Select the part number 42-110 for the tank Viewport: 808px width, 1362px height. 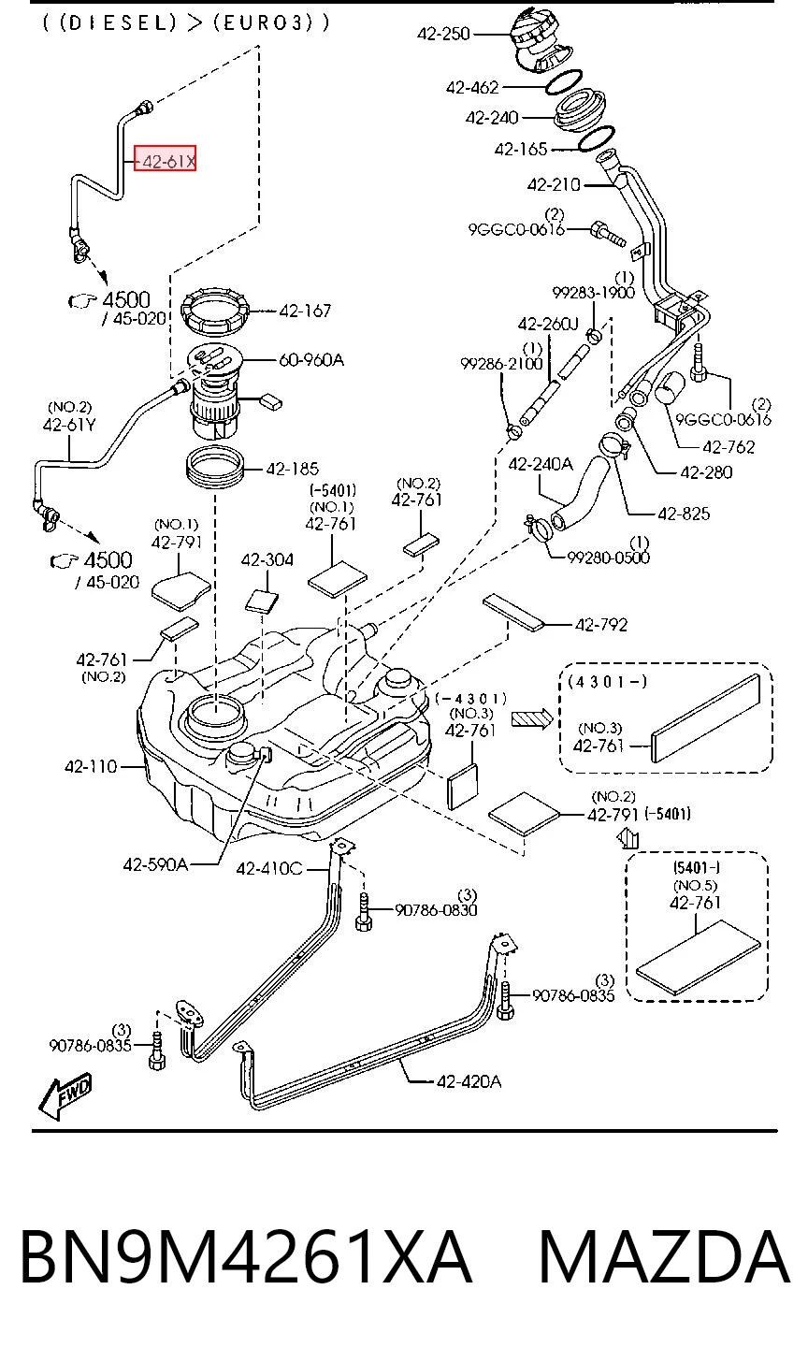pos(91,767)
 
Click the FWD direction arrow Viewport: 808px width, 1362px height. pos(65,1096)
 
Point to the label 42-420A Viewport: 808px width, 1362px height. pos(469,1081)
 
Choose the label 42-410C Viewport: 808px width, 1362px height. pos(268,868)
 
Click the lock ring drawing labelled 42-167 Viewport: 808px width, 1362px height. pos(216,312)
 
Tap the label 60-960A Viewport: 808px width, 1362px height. pos(311,360)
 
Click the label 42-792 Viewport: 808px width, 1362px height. pos(600,625)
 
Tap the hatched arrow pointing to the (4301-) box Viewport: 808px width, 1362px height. pos(531,719)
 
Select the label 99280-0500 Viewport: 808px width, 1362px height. pos(608,557)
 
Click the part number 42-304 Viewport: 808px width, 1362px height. pos(267,559)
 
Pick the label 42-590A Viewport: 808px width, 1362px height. pos(155,864)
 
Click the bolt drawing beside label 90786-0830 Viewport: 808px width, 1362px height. pos(363,912)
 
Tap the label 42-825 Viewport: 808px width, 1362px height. pos(684,514)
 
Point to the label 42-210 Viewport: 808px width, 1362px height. pos(554,184)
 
